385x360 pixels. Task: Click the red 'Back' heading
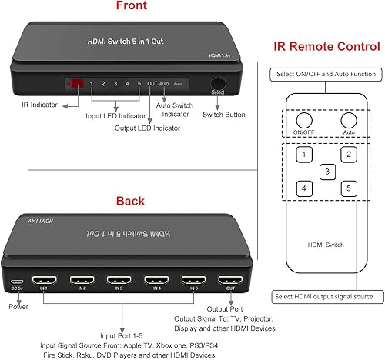(130, 202)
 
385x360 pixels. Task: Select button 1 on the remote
(306, 155)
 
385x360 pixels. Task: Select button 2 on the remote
(349, 155)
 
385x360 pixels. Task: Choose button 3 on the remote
(327, 172)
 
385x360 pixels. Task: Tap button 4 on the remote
(306, 188)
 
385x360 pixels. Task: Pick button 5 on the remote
(349, 188)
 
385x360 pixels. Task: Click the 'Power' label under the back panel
(18, 305)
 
